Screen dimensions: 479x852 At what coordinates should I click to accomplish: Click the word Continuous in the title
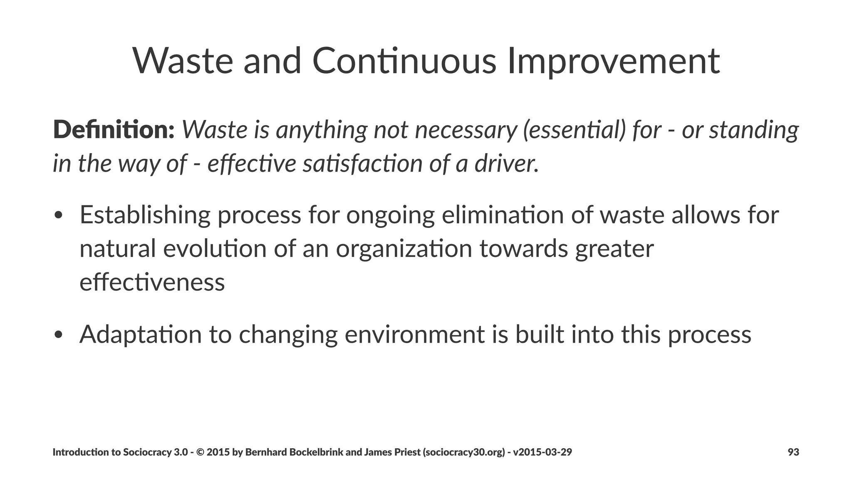tap(404, 61)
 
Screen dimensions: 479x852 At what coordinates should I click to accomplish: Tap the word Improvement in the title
tap(614, 61)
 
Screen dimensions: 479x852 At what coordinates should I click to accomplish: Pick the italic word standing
tap(754, 130)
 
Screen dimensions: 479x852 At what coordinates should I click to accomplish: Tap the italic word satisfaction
tap(362, 163)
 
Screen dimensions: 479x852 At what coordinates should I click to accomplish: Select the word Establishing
tap(145, 215)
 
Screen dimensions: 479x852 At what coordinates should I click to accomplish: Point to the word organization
tap(404, 249)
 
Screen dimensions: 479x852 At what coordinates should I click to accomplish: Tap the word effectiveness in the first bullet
tap(152, 282)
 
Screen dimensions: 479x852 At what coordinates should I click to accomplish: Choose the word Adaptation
tap(141, 334)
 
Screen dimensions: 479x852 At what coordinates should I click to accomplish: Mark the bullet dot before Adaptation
tap(58, 335)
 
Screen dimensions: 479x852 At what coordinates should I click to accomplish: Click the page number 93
tap(793, 452)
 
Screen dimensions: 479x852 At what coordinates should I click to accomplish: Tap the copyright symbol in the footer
tap(200, 452)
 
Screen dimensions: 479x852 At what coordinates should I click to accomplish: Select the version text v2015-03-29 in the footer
tap(542, 452)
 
